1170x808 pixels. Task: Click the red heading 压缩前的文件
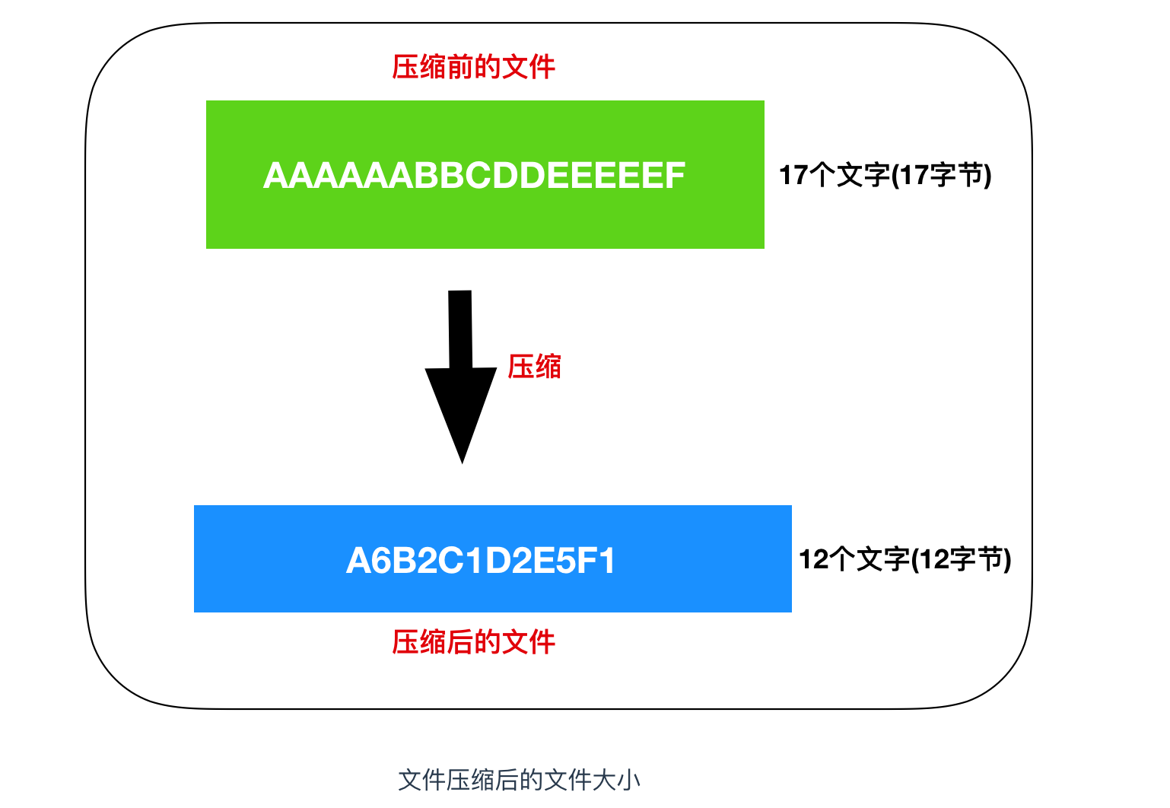(x=473, y=67)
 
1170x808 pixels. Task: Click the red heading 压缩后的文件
(x=473, y=642)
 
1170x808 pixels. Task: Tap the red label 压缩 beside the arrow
(x=534, y=367)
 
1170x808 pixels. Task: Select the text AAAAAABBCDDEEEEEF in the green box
(x=474, y=176)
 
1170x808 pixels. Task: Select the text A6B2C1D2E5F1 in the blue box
(x=480, y=561)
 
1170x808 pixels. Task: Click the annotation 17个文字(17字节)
(x=885, y=175)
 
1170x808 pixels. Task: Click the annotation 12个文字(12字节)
(x=905, y=560)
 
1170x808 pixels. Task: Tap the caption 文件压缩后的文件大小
(x=520, y=780)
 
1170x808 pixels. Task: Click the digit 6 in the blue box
(x=382, y=561)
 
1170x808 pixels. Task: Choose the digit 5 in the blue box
(x=564, y=561)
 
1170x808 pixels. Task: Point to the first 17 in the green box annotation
(x=793, y=175)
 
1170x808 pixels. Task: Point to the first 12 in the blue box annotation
(x=813, y=560)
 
